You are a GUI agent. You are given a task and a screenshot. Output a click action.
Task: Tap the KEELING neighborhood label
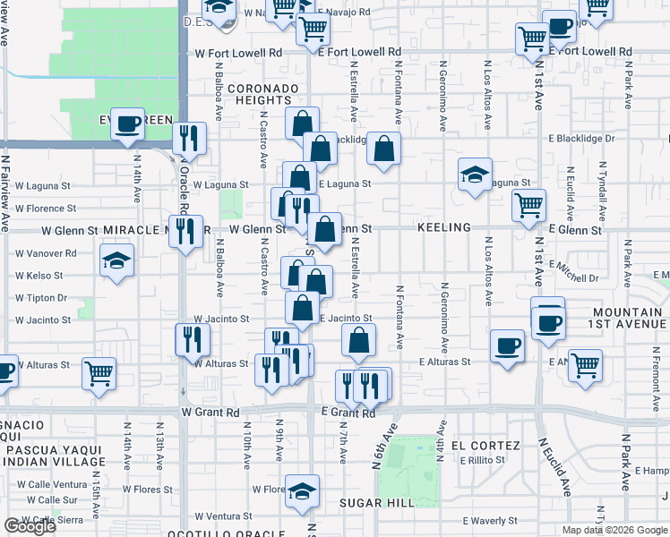click(443, 228)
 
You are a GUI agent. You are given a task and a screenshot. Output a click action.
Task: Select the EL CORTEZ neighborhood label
click(485, 446)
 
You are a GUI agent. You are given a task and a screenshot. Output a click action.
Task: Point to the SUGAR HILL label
click(376, 503)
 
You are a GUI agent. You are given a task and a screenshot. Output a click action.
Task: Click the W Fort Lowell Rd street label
click(238, 53)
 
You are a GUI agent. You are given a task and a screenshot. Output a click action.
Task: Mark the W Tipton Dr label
click(41, 298)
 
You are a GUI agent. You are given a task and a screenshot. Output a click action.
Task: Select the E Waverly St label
click(490, 521)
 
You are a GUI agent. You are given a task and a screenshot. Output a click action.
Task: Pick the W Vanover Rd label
click(46, 253)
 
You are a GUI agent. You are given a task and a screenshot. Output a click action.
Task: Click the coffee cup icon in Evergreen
click(128, 123)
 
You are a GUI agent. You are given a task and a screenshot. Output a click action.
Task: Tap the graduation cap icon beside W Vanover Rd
click(116, 260)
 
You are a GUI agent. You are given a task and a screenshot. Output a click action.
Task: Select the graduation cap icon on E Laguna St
click(475, 174)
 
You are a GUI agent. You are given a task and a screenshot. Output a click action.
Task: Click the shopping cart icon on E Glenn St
click(528, 204)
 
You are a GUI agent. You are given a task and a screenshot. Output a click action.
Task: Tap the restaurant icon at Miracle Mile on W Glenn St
click(185, 230)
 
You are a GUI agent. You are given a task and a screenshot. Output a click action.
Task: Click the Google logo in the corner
click(30, 526)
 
